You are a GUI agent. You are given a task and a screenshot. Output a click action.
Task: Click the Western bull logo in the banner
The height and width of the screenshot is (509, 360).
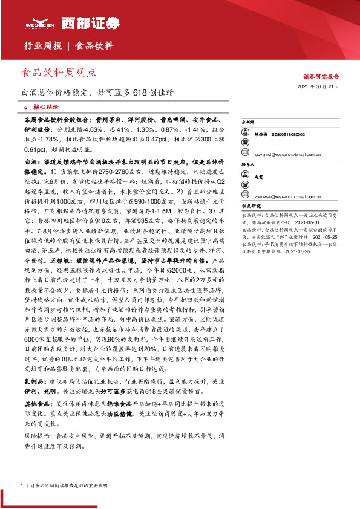(x=41, y=24)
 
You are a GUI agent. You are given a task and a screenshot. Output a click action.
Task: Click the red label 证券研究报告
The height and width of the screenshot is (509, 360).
(x=321, y=77)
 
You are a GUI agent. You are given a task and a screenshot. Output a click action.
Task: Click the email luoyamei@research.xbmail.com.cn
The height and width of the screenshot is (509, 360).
(x=286, y=154)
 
